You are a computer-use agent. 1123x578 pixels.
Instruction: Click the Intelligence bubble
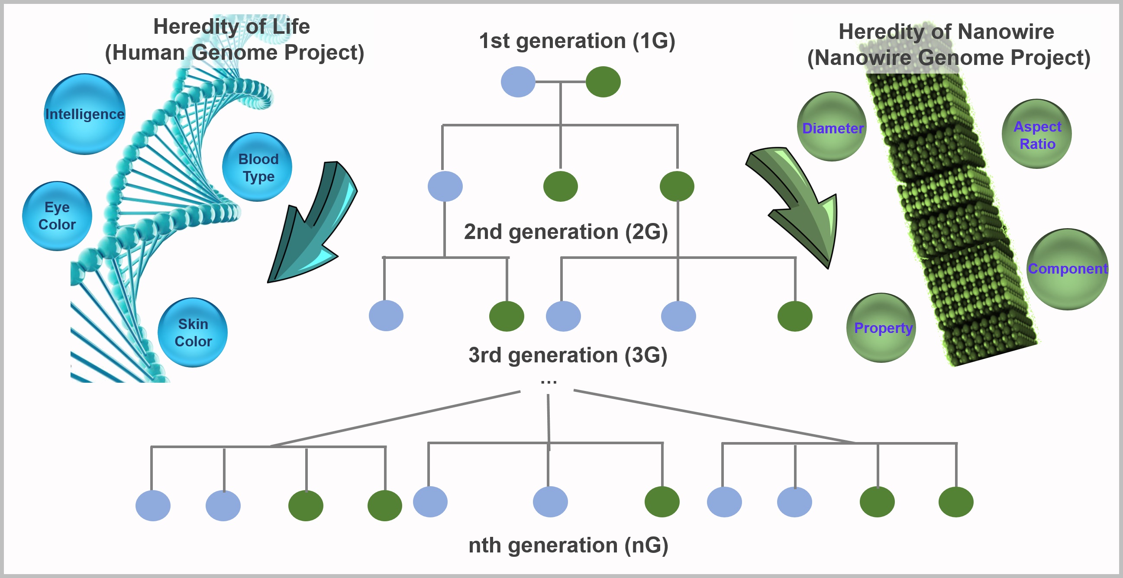pos(84,114)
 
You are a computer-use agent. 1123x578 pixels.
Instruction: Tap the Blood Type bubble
pos(257,168)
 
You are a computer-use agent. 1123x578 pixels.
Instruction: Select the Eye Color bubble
pos(57,216)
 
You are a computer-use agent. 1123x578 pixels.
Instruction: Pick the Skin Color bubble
pos(193,333)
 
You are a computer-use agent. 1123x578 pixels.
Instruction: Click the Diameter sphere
pos(832,127)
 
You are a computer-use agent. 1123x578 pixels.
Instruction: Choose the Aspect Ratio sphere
pos(1037,134)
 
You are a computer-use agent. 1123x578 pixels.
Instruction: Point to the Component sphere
pos(1067,269)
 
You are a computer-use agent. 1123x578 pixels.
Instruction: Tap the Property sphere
pos(881,328)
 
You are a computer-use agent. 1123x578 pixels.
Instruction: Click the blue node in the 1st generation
pos(518,82)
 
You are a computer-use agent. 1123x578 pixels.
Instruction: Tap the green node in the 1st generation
pos(603,82)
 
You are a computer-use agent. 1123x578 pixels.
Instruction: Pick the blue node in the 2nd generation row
pos(445,187)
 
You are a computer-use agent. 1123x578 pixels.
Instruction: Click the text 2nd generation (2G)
pos(566,232)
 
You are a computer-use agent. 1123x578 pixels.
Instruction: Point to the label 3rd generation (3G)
pos(568,355)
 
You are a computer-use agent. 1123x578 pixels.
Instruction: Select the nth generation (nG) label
pos(568,545)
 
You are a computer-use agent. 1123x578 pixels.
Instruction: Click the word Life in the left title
pos(291,26)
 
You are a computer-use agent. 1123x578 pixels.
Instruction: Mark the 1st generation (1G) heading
pos(577,41)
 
